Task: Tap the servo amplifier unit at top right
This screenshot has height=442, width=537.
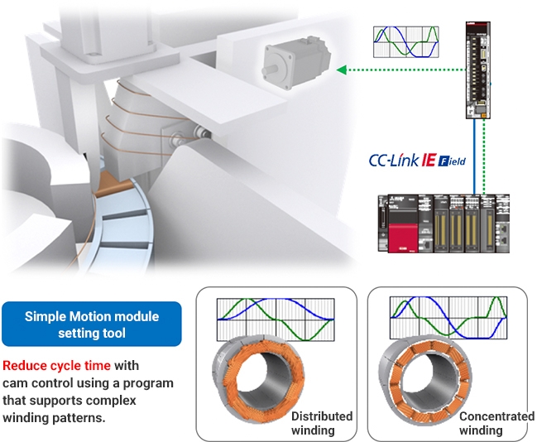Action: [x=475, y=70]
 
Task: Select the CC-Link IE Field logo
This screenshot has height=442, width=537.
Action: [x=418, y=159]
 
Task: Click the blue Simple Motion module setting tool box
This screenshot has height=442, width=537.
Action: [x=91, y=324]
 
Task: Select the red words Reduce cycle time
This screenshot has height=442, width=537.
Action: [x=56, y=366]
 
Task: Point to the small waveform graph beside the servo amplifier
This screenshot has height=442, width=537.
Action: [x=405, y=42]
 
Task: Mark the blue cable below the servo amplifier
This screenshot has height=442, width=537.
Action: [x=474, y=157]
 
